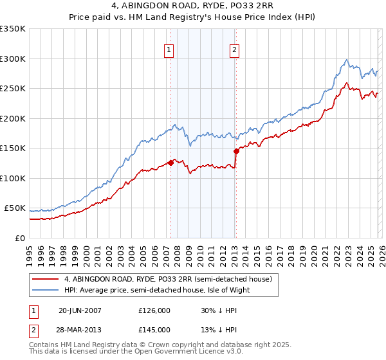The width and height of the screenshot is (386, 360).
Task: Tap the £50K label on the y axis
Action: [14, 208]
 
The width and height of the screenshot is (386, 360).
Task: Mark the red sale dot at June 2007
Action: [170, 163]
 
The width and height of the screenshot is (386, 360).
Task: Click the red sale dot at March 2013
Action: [236, 151]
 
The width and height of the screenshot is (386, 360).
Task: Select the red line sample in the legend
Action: [46, 280]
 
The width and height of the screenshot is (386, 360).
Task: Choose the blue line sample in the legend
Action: [46, 290]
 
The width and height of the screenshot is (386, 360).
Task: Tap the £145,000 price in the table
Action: [154, 329]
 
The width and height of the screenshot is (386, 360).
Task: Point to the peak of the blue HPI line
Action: [347, 60]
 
